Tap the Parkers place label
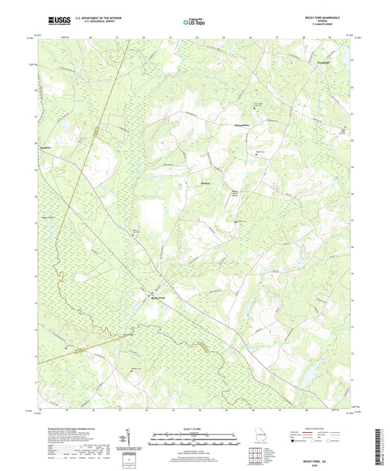tap(206, 182)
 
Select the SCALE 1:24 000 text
tap(195, 428)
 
